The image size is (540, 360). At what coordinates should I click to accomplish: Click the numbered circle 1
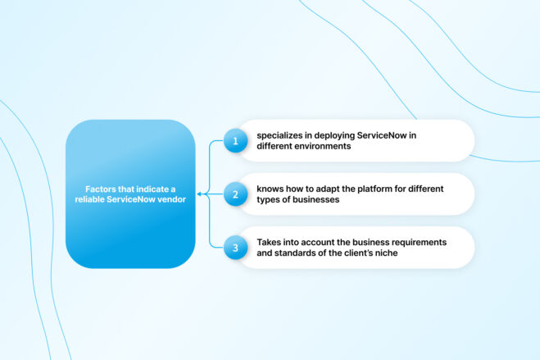click(235, 141)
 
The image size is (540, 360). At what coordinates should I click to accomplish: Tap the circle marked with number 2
click(235, 194)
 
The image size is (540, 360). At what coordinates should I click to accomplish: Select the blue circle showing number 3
click(235, 248)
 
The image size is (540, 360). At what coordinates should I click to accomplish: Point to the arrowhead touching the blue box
click(199, 194)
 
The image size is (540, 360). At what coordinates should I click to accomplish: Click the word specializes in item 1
click(281, 135)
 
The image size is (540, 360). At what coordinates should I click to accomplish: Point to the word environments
click(324, 147)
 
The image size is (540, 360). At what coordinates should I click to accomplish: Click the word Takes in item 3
click(269, 242)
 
